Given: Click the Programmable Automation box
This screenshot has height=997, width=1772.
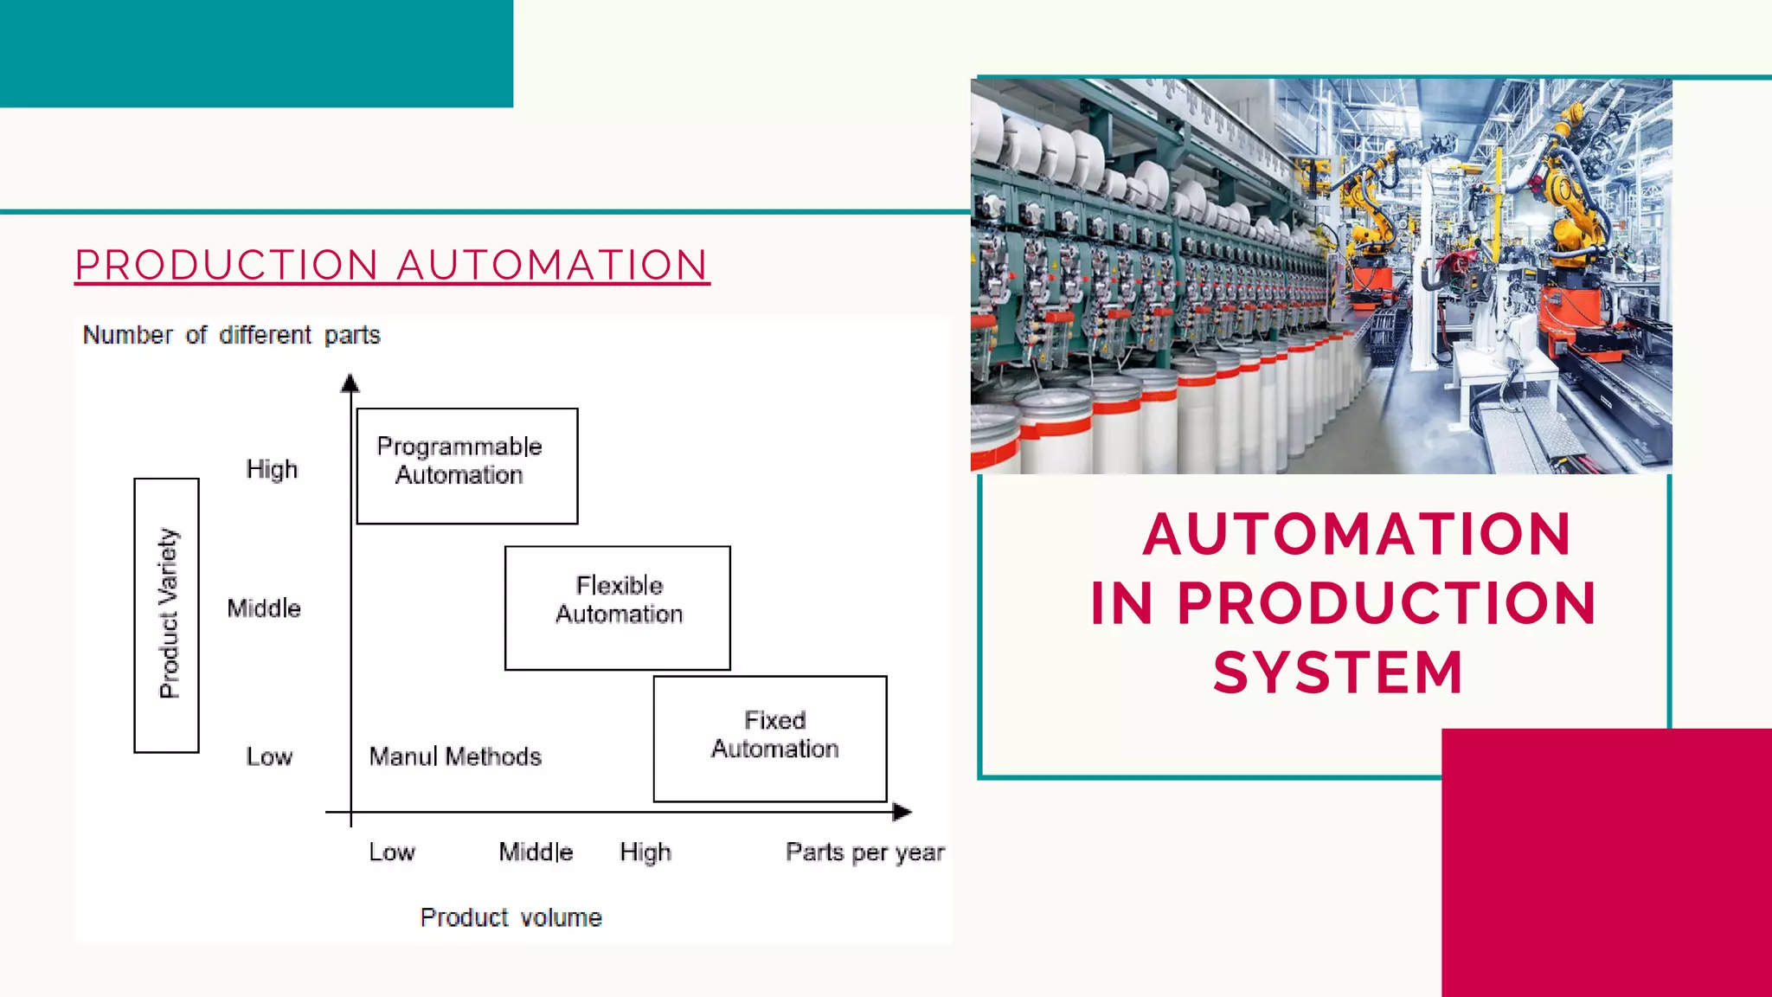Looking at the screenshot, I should click(x=466, y=466).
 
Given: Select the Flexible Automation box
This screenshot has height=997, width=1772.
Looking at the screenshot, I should click(x=617, y=608).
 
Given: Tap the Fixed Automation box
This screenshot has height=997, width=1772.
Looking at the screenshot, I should click(x=770, y=738).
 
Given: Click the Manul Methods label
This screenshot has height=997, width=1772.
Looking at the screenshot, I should click(x=455, y=756).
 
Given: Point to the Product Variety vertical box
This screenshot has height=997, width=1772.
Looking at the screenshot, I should click(x=167, y=614).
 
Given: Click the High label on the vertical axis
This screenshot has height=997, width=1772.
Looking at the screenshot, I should click(x=272, y=469).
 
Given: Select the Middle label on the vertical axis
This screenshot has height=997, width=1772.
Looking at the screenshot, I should click(x=264, y=608).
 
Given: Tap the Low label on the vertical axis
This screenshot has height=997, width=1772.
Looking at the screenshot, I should click(x=269, y=757).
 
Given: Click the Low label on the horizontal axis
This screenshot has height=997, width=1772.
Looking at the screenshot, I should click(x=392, y=852).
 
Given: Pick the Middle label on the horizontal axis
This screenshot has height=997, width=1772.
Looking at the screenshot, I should click(x=536, y=852).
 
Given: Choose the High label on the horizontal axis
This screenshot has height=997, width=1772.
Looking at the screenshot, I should click(x=645, y=852).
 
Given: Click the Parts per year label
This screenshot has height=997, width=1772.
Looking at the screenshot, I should click(x=864, y=852).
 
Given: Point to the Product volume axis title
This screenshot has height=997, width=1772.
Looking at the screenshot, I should click(x=510, y=917).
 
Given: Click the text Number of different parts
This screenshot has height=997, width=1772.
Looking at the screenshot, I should click(x=231, y=335).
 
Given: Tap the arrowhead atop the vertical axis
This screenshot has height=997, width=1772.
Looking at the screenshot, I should click(x=350, y=383).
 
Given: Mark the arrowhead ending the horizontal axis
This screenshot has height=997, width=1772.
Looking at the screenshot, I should click(x=902, y=812).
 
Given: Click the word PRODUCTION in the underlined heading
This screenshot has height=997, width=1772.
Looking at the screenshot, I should click(x=227, y=265).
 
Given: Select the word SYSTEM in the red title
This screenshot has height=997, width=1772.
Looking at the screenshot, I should click(x=1338, y=672).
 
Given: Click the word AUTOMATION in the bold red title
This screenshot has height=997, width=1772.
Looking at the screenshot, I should click(x=1357, y=533).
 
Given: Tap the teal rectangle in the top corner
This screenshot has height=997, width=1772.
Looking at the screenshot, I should click(x=256, y=53).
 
